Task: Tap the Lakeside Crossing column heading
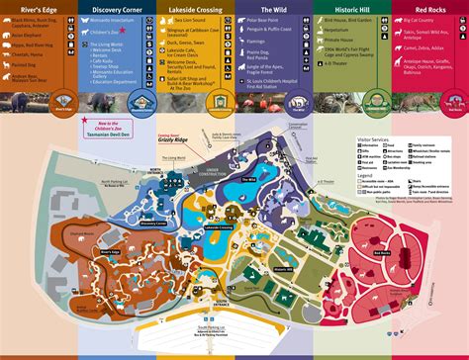(195, 9)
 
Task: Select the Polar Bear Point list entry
(271, 19)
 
